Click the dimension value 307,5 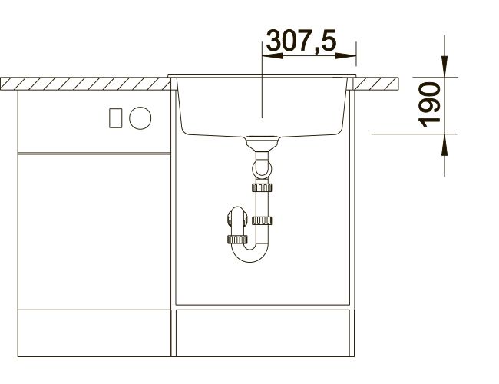click(x=301, y=41)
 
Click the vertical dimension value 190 click(x=429, y=104)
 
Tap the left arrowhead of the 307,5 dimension click(x=272, y=56)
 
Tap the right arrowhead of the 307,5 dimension click(x=345, y=56)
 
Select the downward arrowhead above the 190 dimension click(x=444, y=66)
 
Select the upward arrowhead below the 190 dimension click(x=444, y=144)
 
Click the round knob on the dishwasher click(x=140, y=118)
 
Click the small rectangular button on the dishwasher click(x=115, y=118)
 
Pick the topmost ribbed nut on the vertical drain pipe click(x=262, y=187)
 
